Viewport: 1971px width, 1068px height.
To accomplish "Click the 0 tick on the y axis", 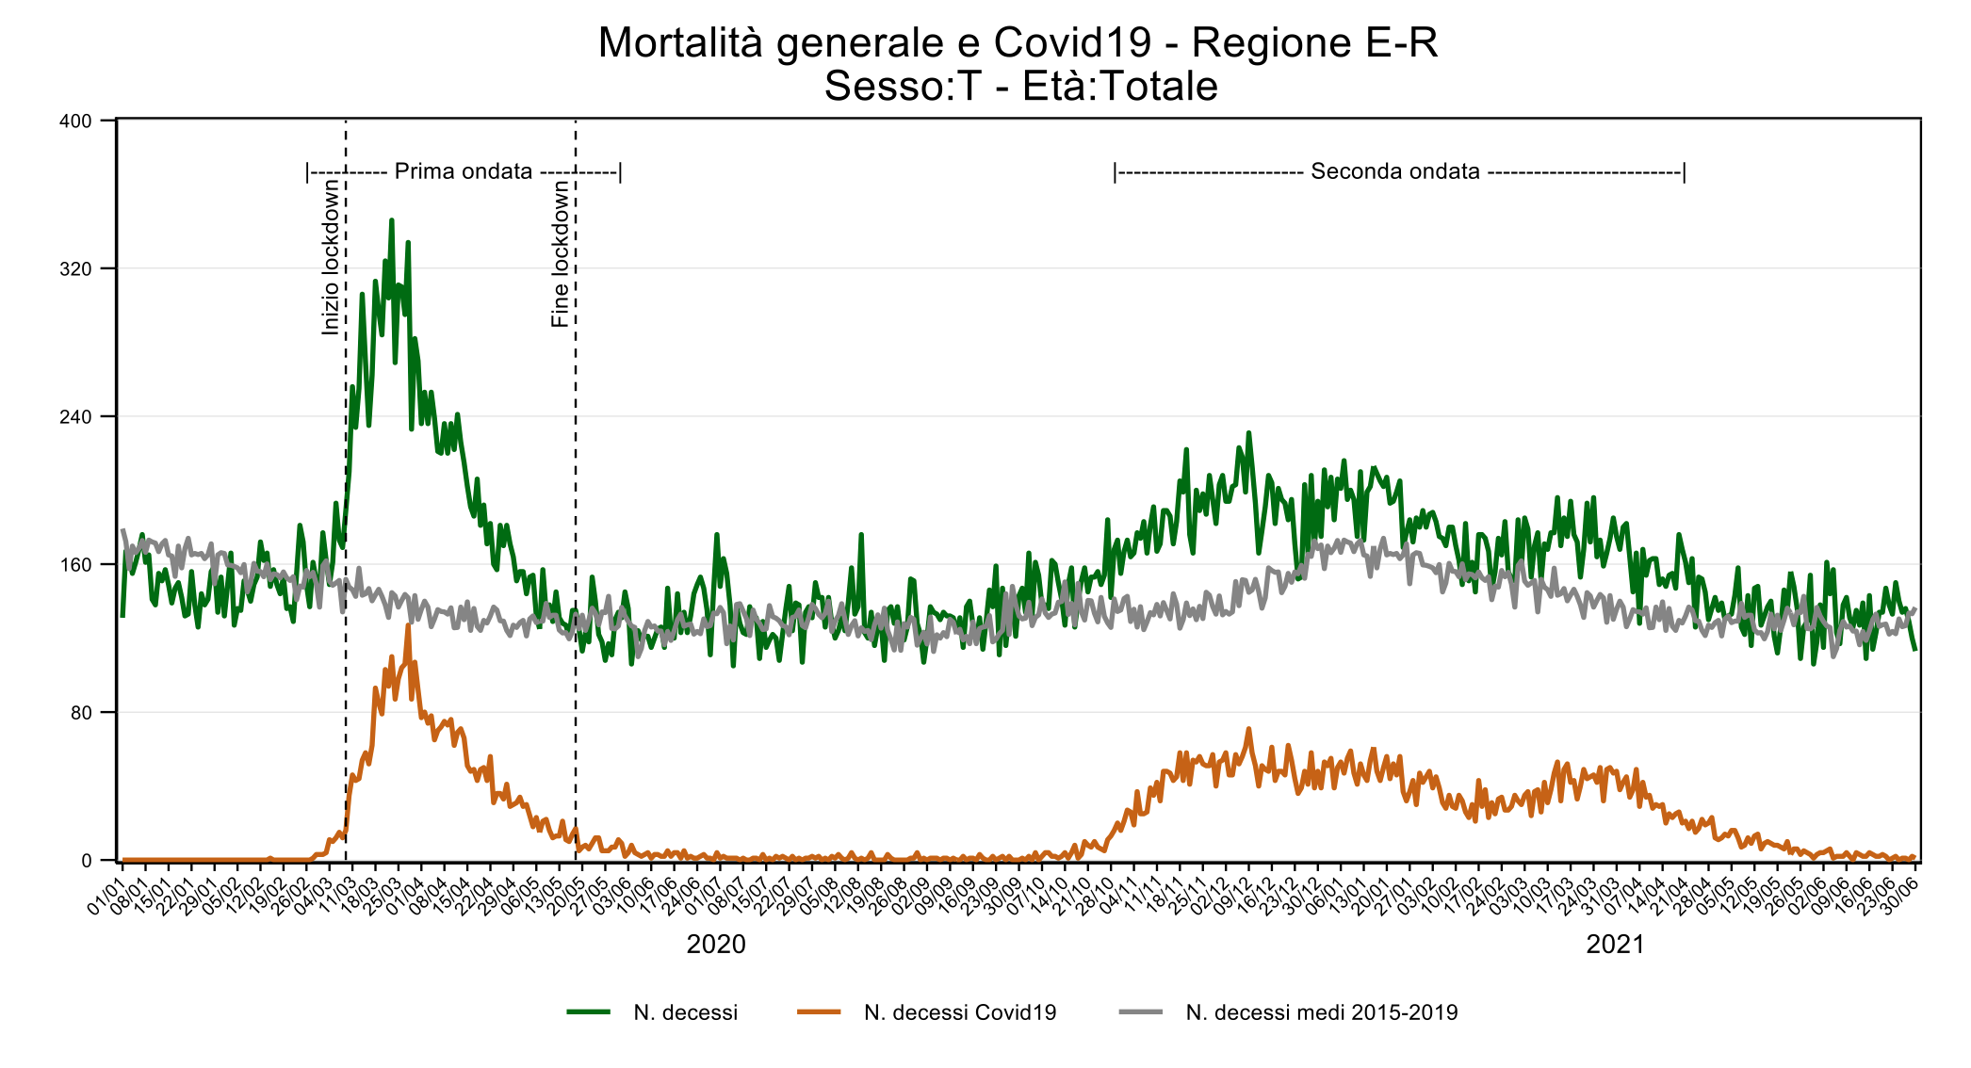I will (87, 861).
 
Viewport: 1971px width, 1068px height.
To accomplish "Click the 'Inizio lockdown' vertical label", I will (330, 257).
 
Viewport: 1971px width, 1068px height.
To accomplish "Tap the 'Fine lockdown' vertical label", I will (561, 253).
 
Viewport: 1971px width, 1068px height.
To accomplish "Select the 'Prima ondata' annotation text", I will (463, 171).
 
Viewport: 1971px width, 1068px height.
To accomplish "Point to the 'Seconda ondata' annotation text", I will (1394, 171).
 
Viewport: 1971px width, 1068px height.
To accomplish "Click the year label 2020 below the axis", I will (716, 945).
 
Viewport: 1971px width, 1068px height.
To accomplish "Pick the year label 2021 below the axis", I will (1615, 945).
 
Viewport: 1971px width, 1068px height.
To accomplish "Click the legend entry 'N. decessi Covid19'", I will (959, 1012).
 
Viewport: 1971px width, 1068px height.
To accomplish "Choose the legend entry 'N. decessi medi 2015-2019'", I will (1321, 1012).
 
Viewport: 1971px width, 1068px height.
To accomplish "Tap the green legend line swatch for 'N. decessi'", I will (589, 1012).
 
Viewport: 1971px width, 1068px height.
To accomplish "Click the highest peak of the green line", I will (391, 219).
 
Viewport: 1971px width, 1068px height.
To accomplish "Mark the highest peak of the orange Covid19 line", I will (408, 624).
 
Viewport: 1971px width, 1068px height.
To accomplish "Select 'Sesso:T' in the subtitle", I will (902, 87).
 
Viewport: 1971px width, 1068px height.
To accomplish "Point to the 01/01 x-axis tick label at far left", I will (106, 895).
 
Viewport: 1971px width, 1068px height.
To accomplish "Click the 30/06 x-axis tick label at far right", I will (1899, 895).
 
